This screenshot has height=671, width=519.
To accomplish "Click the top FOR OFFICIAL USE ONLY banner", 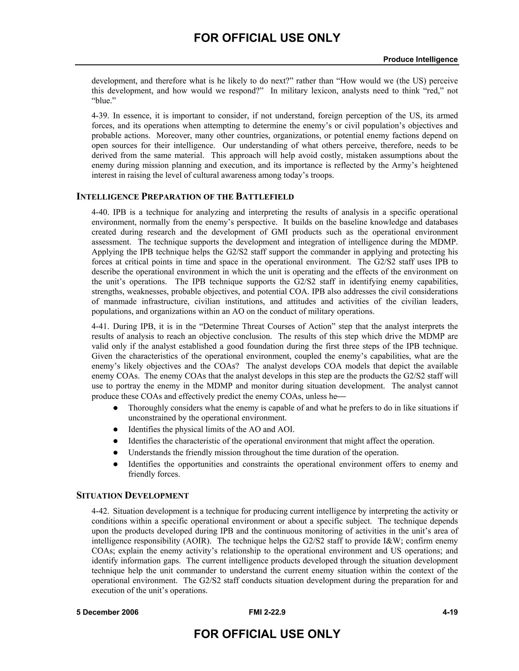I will [267, 38].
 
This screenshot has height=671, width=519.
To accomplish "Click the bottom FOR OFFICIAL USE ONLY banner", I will [267, 634].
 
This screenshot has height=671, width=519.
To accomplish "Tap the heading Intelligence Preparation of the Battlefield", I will [185, 197].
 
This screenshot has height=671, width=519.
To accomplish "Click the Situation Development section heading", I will [133, 496].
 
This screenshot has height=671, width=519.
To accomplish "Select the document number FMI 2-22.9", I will [267, 612].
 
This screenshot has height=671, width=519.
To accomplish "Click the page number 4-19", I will [450, 612].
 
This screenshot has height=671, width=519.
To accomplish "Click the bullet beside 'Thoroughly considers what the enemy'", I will [116, 408].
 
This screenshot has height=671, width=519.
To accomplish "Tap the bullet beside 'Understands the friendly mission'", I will [116, 452].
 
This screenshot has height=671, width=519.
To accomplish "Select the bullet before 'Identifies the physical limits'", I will [116, 429].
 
